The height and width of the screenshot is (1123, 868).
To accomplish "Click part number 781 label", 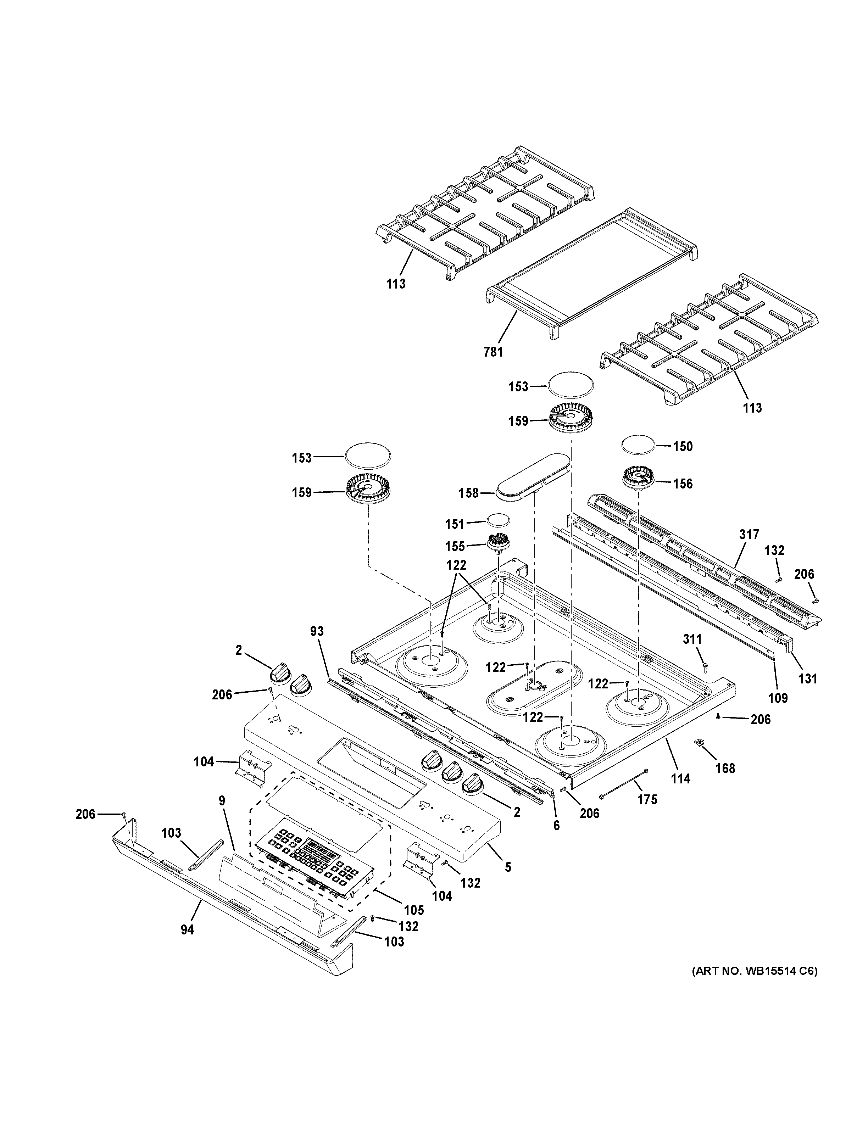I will point(493,352).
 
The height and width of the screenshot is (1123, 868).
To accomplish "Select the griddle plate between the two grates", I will point(591,273).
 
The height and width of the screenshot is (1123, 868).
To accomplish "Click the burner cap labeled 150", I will point(639,444).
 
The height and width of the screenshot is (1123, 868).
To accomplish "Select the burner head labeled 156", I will point(638,478).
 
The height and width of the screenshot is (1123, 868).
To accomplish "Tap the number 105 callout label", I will point(413,910).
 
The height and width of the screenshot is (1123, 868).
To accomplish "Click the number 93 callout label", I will point(317,631).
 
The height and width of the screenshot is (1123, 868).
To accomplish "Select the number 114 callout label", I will point(680,779).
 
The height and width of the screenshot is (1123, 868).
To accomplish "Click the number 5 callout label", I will point(507,867).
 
